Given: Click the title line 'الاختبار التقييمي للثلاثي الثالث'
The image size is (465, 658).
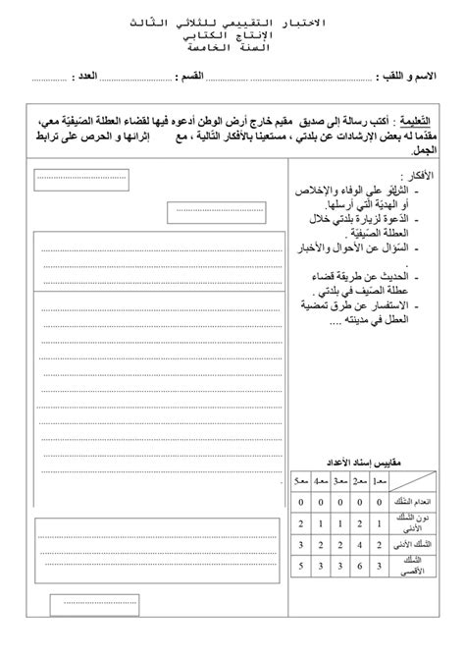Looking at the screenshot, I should pos(232,21).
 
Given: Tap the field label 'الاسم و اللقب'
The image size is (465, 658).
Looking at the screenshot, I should pos(408,77).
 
